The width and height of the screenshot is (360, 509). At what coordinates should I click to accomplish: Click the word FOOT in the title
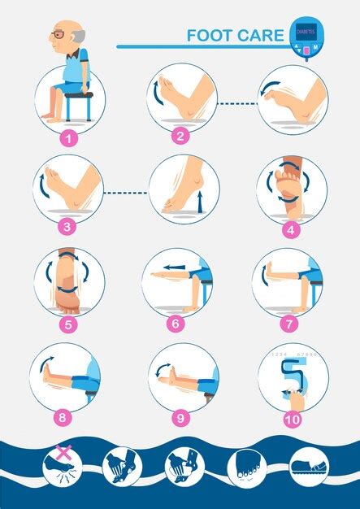206,36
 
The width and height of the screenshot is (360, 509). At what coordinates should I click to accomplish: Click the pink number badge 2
180,136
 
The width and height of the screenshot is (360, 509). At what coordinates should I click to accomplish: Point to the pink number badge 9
178,420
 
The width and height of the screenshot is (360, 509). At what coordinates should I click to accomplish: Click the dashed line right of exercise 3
127,194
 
